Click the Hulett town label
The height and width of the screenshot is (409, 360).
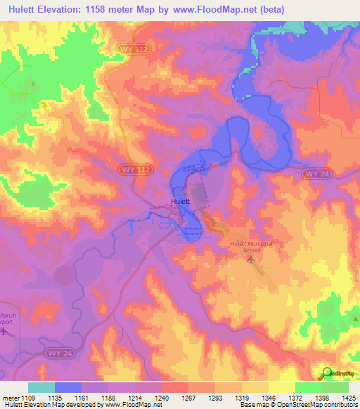180,202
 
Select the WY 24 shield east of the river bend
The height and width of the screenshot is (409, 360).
314,173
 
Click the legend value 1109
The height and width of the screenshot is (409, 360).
28,398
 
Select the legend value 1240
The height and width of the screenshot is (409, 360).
162,398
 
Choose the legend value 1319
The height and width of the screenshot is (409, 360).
242,398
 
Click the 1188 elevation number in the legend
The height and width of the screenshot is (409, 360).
108,398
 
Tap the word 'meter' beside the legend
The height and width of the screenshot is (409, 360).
11,398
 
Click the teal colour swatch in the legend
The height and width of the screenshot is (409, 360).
41,387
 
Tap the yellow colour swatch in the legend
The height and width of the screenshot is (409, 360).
281,387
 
